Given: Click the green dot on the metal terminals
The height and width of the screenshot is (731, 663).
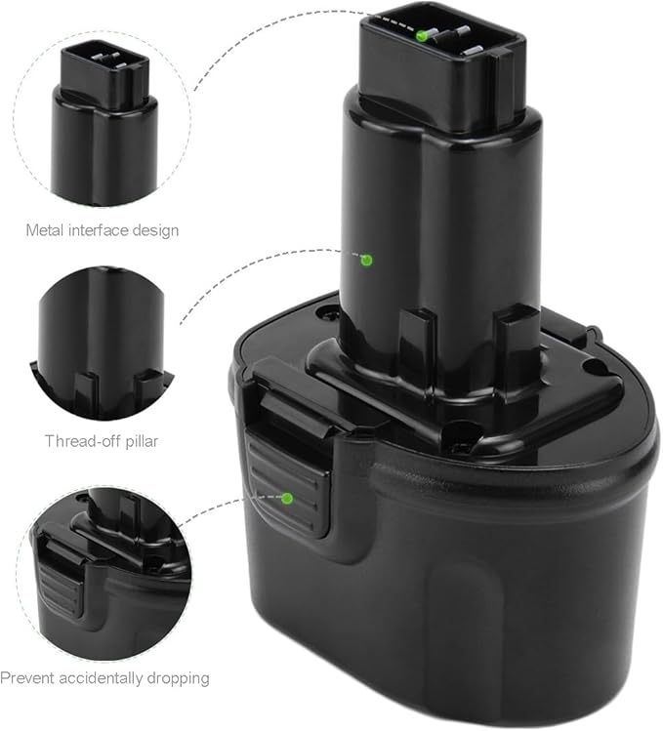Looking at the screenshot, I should pos(422,36).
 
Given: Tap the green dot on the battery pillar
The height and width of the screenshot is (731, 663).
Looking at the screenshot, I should pos(367,260).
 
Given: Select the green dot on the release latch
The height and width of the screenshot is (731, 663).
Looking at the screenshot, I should pos(287,498).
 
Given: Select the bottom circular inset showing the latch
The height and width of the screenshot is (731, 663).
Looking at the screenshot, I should pos(104,571).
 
